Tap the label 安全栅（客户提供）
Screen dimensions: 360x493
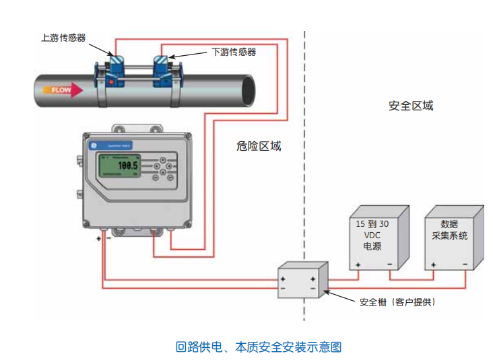point(397,302)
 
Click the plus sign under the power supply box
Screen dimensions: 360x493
point(358,265)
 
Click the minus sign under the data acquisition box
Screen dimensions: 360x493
point(465,265)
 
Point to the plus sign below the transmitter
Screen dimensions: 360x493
point(98,238)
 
